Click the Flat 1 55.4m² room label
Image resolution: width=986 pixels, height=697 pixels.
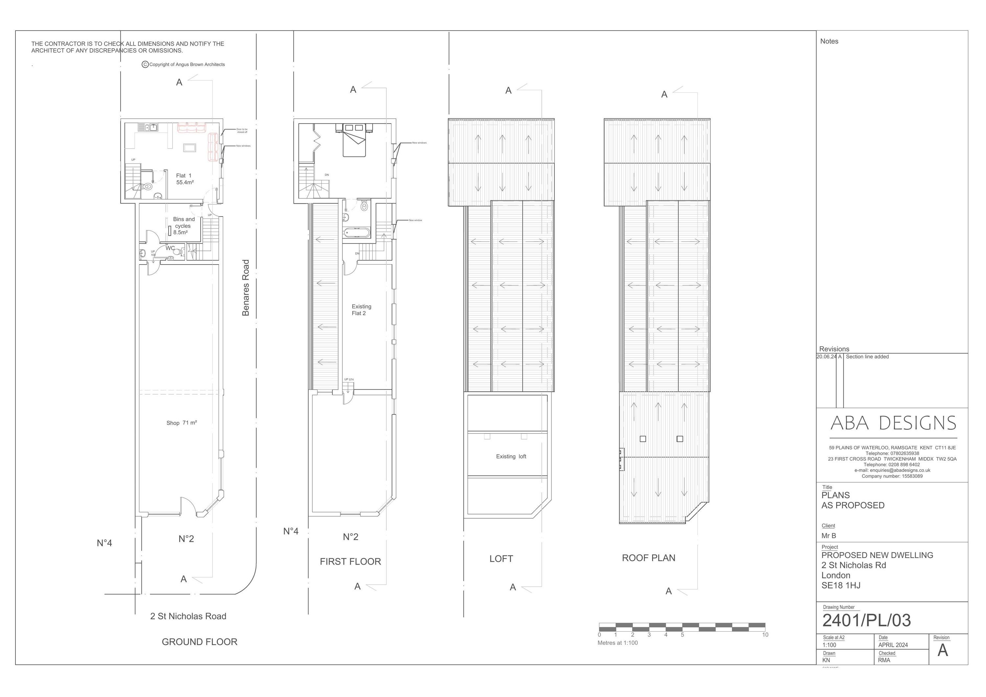tap(184, 179)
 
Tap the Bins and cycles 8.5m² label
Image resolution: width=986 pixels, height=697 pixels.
tap(183, 226)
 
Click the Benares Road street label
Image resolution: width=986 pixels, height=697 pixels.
tap(246, 288)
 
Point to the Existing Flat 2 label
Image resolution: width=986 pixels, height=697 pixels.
tap(361, 310)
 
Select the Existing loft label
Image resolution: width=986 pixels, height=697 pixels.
tap(511, 456)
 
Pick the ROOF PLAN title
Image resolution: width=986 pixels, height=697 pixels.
tap(648, 558)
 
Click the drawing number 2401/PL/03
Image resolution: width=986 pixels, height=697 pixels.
tap(866, 620)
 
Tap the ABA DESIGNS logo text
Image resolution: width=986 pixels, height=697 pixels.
tap(893, 424)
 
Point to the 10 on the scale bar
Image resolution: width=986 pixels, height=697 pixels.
tap(765, 635)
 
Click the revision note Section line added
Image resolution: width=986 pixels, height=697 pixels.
tap(867, 357)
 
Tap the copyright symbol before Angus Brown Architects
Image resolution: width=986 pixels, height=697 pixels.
tap(145, 64)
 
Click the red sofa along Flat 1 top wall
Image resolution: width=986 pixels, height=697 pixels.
tap(192, 127)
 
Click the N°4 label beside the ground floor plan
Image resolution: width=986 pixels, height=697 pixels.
tap(105, 543)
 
